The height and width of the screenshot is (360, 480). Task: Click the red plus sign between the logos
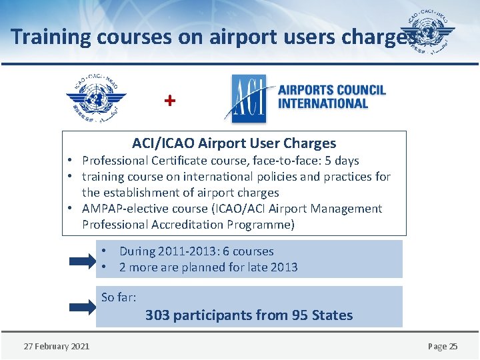pos(171,101)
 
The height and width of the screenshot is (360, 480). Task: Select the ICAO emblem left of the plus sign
pos(97,98)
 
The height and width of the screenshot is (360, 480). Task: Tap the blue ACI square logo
pos(245,98)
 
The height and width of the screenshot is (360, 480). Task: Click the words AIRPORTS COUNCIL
pos(331,90)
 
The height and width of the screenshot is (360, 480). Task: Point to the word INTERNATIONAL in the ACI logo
pos(323,103)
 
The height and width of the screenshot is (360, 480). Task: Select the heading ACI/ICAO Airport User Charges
pos(234,143)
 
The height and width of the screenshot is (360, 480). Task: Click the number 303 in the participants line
pos(157,315)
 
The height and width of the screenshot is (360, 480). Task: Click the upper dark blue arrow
pos(83,260)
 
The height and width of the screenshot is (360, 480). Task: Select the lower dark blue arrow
pos(83,307)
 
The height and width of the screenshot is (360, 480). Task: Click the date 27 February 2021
pos(57,346)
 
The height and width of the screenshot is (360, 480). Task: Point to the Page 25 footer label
pos(443,346)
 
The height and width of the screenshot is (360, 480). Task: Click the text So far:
pos(119,297)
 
